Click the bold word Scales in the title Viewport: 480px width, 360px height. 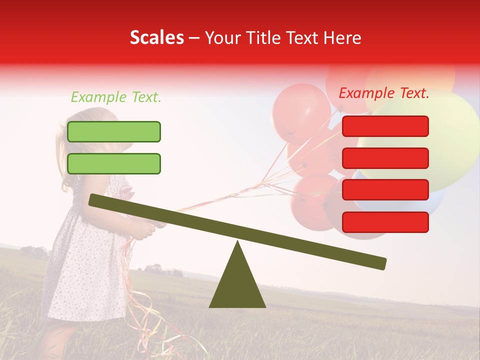click(156, 37)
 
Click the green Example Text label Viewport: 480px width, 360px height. click(116, 97)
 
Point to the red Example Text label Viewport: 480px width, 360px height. click(384, 93)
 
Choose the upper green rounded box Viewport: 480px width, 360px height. click(114, 131)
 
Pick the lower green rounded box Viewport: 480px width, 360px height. click(114, 163)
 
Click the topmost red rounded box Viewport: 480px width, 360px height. click(385, 126)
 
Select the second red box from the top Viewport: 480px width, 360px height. click(385, 158)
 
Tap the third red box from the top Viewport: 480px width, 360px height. click(385, 189)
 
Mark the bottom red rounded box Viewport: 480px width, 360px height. click(385, 222)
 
